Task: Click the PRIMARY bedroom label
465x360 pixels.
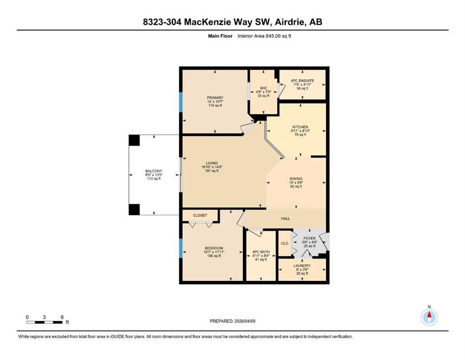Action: [215, 97]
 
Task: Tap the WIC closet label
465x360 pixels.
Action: [263, 88]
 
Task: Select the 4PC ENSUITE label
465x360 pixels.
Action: [302, 81]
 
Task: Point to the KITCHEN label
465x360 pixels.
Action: [300, 127]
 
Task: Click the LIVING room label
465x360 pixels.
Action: [212, 163]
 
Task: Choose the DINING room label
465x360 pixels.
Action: [296, 179]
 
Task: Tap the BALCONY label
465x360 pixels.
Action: [154, 171]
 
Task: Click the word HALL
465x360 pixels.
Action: [285, 218]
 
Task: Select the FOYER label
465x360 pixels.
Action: [310, 238]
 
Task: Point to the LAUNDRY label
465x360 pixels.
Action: [302, 266]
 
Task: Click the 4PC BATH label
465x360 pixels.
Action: [261, 252]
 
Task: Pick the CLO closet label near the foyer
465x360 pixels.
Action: [284, 243]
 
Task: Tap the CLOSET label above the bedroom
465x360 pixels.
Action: [200, 216]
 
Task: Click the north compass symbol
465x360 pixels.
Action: [429, 317]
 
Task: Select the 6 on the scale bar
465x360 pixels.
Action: [62, 317]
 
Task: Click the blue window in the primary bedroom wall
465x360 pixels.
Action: [180, 102]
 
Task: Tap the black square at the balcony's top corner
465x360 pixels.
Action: [134, 140]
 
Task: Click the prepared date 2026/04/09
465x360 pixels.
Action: [244, 321]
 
